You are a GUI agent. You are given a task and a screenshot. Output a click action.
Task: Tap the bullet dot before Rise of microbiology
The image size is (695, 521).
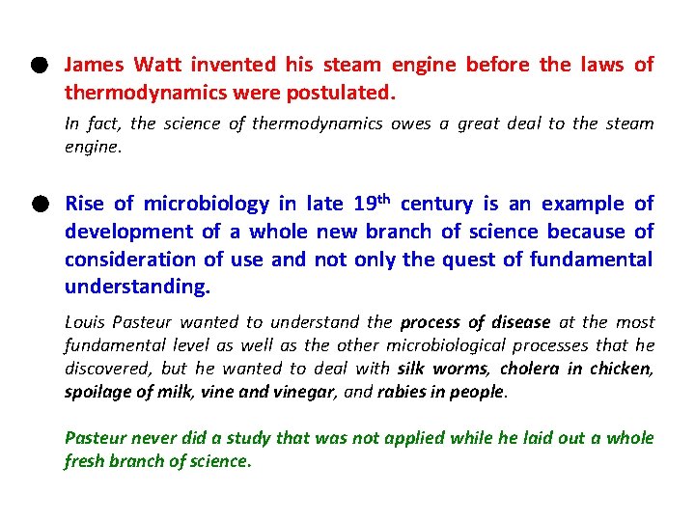[x=37, y=204]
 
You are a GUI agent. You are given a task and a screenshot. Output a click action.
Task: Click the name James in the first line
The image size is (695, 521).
[x=94, y=66]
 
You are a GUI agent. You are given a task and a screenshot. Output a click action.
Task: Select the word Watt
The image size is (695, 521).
[x=157, y=66]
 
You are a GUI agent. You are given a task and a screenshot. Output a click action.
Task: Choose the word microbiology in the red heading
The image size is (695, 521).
[x=207, y=204]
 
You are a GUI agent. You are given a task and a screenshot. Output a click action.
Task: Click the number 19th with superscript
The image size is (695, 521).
[x=370, y=203]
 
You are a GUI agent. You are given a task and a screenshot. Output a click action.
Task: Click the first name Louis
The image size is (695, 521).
[x=84, y=322]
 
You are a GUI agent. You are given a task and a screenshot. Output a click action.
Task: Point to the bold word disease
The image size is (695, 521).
[x=518, y=322]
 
